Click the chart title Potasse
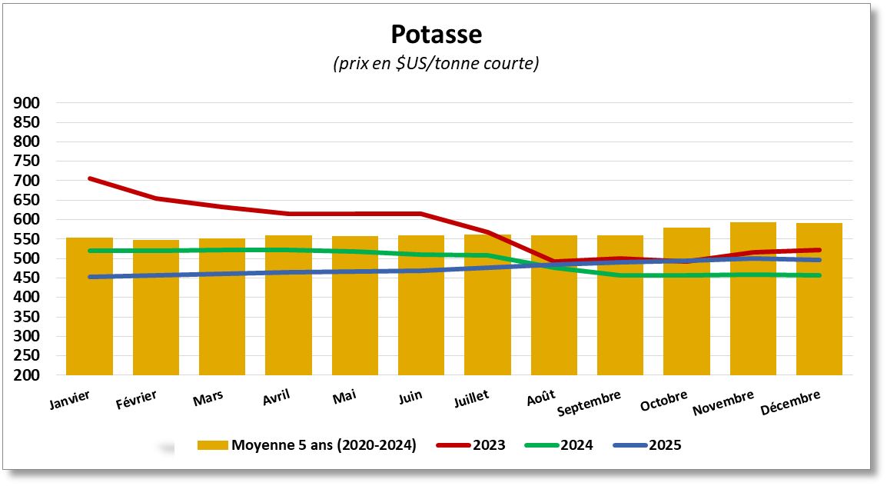[436, 35]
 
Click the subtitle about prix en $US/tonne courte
[436, 64]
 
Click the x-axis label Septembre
[590, 403]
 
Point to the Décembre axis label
[790, 403]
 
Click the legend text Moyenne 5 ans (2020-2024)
[324, 445]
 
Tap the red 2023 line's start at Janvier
[90, 178]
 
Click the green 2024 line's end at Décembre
[819, 275]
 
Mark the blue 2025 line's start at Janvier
[90, 277]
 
